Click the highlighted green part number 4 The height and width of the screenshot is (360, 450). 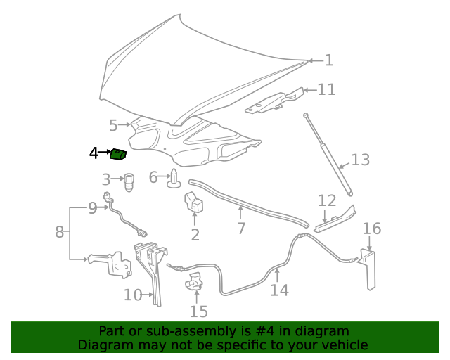pyautogui.click(x=118, y=153)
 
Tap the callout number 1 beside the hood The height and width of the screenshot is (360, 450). pyautogui.click(x=328, y=60)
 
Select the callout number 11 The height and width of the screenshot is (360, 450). pyautogui.click(x=326, y=89)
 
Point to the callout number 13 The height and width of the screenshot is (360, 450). pyautogui.click(x=360, y=160)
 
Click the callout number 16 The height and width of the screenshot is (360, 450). pyautogui.click(x=372, y=229)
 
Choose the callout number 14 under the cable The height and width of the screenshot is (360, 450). pyautogui.click(x=279, y=290)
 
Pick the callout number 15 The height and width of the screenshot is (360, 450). pyautogui.click(x=198, y=311)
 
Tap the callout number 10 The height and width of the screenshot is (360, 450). pyautogui.click(x=133, y=295)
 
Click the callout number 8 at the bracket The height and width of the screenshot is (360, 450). pyautogui.click(x=60, y=231)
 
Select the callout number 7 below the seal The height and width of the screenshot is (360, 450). pyautogui.click(x=241, y=229)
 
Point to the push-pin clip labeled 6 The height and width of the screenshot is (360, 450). pyautogui.click(x=173, y=181)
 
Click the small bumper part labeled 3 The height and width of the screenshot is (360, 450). pyautogui.click(x=129, y=182)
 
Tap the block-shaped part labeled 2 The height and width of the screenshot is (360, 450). pyautogui.click(x=194, y=203)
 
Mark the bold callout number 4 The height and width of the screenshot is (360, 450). pyautogui.click(x=94, y=153)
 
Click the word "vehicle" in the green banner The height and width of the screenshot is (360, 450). pyautogui.click(x=345, y=345)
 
